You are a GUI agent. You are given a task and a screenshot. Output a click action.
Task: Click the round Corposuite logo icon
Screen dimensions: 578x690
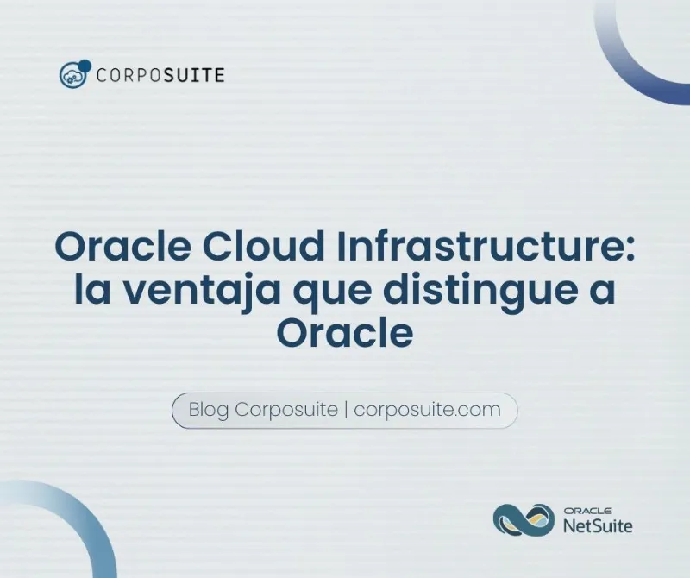(x=72, y=75)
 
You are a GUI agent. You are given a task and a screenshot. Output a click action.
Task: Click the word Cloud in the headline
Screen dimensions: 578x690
(x=260, y=248)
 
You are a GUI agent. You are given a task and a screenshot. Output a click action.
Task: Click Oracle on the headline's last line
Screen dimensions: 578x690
(x=344, y=333)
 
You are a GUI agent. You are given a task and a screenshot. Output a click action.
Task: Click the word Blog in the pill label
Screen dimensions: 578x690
(x=208, y=410)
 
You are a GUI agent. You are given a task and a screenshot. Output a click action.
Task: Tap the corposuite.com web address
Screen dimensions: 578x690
(x=428, y=410)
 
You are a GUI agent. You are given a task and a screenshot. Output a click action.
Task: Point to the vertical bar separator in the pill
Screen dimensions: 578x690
(x=345, y=410)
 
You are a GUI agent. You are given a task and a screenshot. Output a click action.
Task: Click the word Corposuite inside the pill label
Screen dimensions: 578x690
(x=286, y=410)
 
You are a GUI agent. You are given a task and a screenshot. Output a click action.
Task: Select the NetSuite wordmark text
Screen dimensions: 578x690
(x=597, y=525)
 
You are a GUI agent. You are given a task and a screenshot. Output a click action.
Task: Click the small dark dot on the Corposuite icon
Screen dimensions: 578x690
(x=85, y=65)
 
